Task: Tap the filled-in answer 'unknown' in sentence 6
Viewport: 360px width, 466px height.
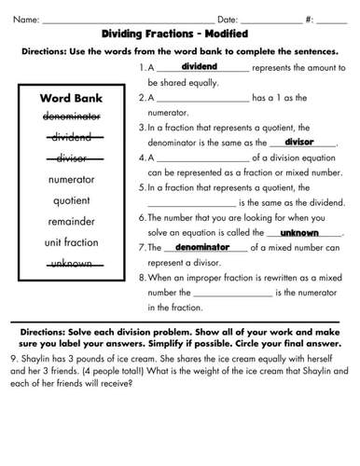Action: point(300,232)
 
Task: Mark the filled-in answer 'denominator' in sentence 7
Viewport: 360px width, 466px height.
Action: point(202,248)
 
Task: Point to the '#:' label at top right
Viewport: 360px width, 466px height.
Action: point(322,19)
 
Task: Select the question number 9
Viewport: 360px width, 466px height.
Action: point(10,357)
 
